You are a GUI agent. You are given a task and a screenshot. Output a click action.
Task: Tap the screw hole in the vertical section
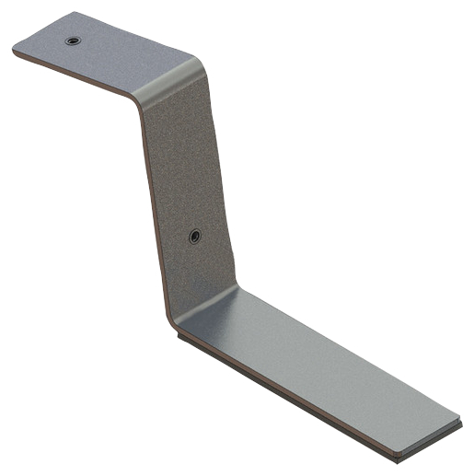click(194, 237)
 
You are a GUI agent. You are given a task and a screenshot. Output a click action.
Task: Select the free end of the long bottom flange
click(433, 433)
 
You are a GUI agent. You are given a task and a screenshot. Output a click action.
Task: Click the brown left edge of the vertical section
click(154, 212)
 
